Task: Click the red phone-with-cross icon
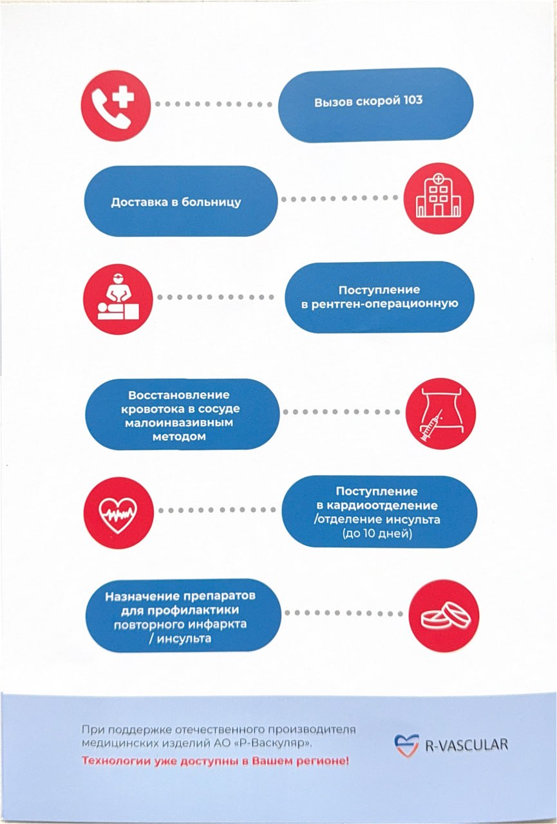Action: coord(116,106)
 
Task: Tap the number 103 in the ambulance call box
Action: coord(413,100)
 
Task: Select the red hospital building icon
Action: coord(439,199)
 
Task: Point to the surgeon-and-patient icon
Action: coord(118,299)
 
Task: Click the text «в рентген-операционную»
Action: coord(380,304)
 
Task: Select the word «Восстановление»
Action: coord(179,395)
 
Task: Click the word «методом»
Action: coord(179,436)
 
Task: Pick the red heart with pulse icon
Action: coord(118,512)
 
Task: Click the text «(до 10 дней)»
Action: coord(377,534)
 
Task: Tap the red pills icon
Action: coord(444,615)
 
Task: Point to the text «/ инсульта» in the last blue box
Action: coord(180,639)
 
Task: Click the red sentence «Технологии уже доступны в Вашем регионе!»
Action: coord(215,761)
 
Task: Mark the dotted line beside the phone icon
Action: coord(213,104)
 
